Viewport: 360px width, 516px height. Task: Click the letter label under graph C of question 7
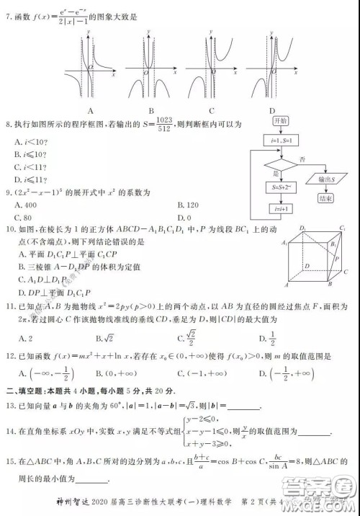pyautogui.click(x=212, y=110)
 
